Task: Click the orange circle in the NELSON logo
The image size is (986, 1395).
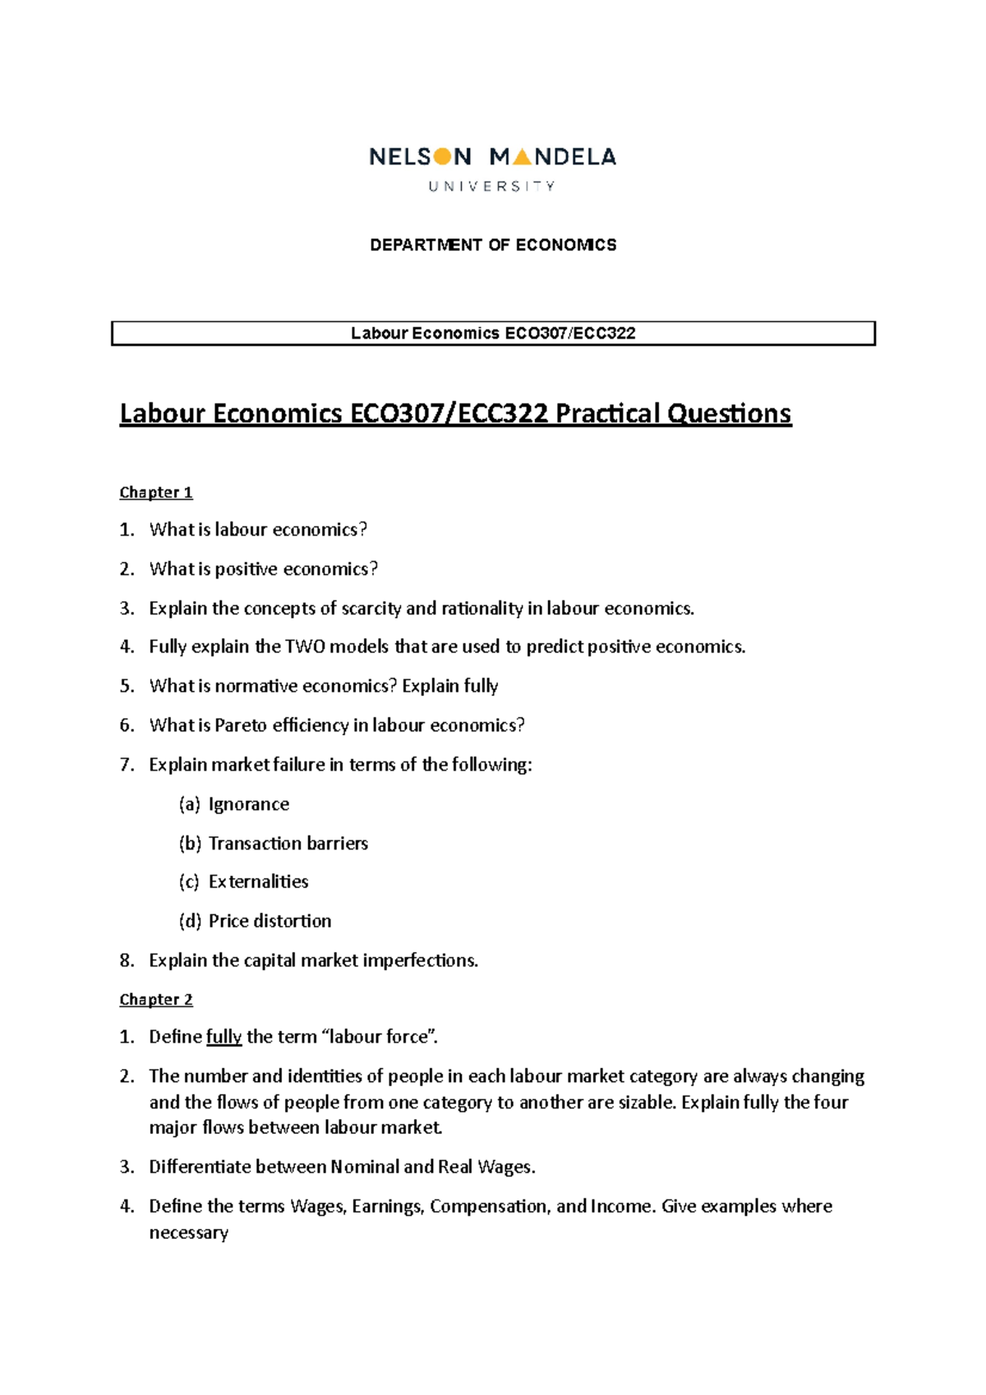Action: [x=442, y=156]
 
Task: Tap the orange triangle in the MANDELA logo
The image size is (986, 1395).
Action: [x=521, y=157]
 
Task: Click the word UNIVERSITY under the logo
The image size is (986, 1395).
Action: [x=491, y=186]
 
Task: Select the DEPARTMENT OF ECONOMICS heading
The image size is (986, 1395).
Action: [x=493, y=245]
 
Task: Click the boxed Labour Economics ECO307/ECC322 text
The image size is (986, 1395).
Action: [x=493, y=334]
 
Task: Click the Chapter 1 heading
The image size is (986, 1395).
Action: [x=155, y=492]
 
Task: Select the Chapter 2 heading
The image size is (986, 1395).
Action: [x=155, y=1000]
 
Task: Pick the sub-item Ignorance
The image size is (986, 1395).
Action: [x=248, y=804]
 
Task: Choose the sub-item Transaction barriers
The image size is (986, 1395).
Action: [x=288, y=844]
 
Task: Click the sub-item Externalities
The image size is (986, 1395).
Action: [x=258, y=882]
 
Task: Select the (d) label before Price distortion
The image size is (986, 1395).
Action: [x=190, y=921]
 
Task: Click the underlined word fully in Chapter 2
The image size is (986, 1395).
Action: [x=223, y=1037]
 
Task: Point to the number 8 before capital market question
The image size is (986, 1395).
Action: [x=126, y=960]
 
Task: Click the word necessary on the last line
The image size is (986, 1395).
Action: [x=188, y=1232]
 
